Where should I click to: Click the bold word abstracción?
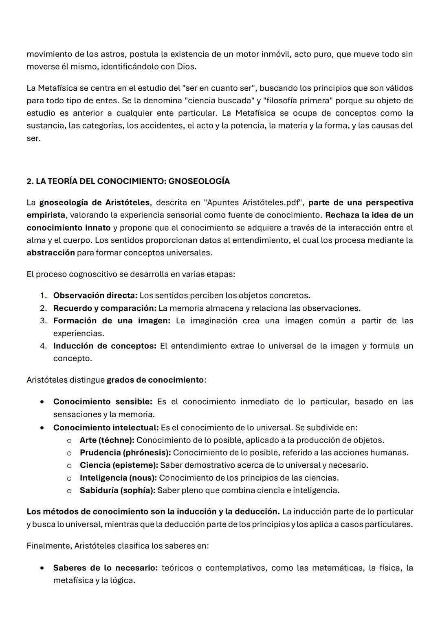point(51,253)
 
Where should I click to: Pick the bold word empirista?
point(46,215)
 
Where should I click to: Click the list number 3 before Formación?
point(43,321)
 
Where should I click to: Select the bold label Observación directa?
point(95,296)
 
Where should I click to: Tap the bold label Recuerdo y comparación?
point(105,308)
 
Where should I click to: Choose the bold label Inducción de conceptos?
point(105,346)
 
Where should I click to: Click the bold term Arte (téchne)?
point(107,440)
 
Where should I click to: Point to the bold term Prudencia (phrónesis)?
point(125,453)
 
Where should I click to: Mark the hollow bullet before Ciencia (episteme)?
point(69,466)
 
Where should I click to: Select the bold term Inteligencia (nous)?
point(118,478)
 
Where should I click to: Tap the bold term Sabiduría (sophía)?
point(117,491)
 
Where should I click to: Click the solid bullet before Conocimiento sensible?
point(42,402)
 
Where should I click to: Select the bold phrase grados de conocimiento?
point(155,380)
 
